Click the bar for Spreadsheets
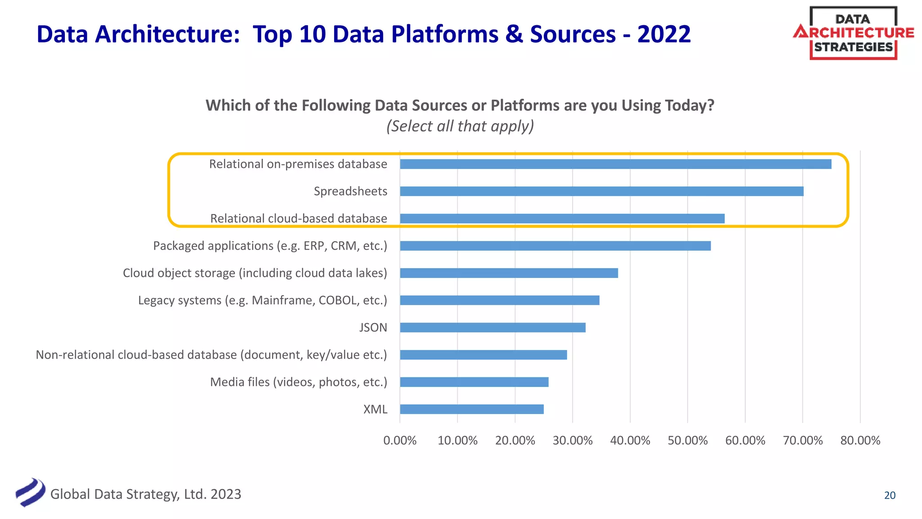601,191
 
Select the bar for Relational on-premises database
615,164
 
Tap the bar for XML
472,409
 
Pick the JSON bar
493,328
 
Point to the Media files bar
474,382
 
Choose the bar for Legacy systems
500,300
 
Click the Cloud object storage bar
509,273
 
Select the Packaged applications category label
270,246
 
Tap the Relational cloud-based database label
298,219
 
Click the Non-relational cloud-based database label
211,355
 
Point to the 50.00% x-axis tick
687,440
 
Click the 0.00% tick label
400,440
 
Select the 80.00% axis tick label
860,440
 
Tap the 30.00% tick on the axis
572,440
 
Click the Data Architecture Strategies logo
853,33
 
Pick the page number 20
890,495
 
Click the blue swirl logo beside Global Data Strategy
30,492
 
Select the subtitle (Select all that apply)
460,126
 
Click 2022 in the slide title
664,34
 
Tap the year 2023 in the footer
226,494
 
